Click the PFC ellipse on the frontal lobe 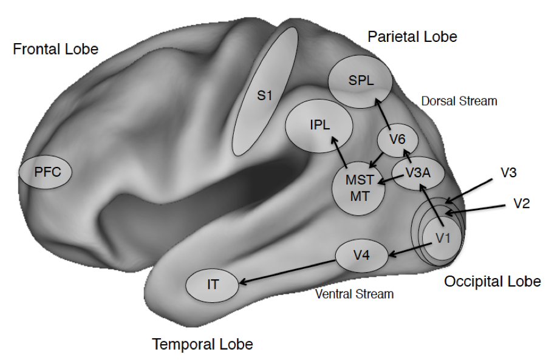[x=46, y=172]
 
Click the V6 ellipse [x=397, y=140]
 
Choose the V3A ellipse [x=418, y=172]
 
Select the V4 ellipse [x=361, y=256]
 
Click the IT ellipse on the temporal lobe [x=213, y=284]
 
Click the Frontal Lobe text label [x=55, y=49]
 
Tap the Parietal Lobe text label [x=412, y=37]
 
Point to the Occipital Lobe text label [x=492, y=282]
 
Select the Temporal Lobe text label [x=202, y=345]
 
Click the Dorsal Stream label [x=459, y=101]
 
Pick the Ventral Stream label [x=355, y=294]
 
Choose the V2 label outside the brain [x=521, y=203]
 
